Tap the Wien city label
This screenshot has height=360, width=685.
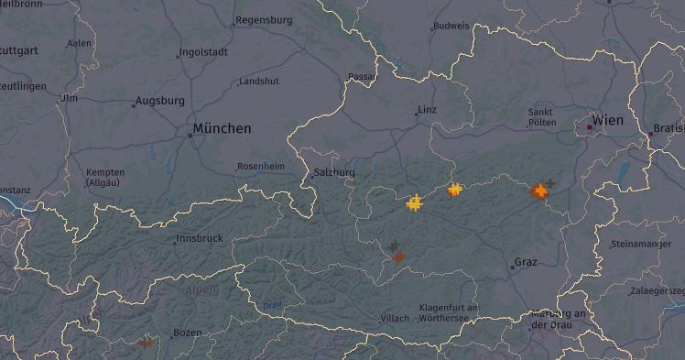(608, 120)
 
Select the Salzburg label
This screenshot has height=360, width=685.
(334, 172)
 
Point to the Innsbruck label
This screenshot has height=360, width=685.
(201, 238)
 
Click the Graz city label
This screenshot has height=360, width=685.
(526, 262)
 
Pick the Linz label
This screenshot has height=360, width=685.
(428, 110)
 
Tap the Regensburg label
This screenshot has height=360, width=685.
(264, 19)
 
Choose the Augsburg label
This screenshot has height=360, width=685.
(160, 101)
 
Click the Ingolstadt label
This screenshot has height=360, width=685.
(204, 52)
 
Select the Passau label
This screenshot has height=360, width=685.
(364, 77)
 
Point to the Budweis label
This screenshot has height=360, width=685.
(451, 26)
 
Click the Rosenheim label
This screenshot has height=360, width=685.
(260, 166)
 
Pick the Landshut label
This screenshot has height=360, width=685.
(258, 82)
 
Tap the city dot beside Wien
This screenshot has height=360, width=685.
(590, 127)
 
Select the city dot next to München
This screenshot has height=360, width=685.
(190, 135)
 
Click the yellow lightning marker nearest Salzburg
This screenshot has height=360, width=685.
(415, 202)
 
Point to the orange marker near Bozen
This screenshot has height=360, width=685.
(147, 343)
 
